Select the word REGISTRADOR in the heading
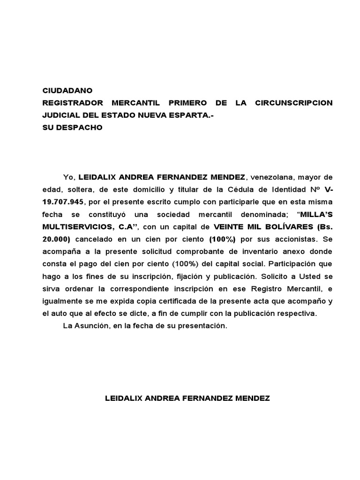[x=72, y=103]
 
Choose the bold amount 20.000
[x=55, y=239]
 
